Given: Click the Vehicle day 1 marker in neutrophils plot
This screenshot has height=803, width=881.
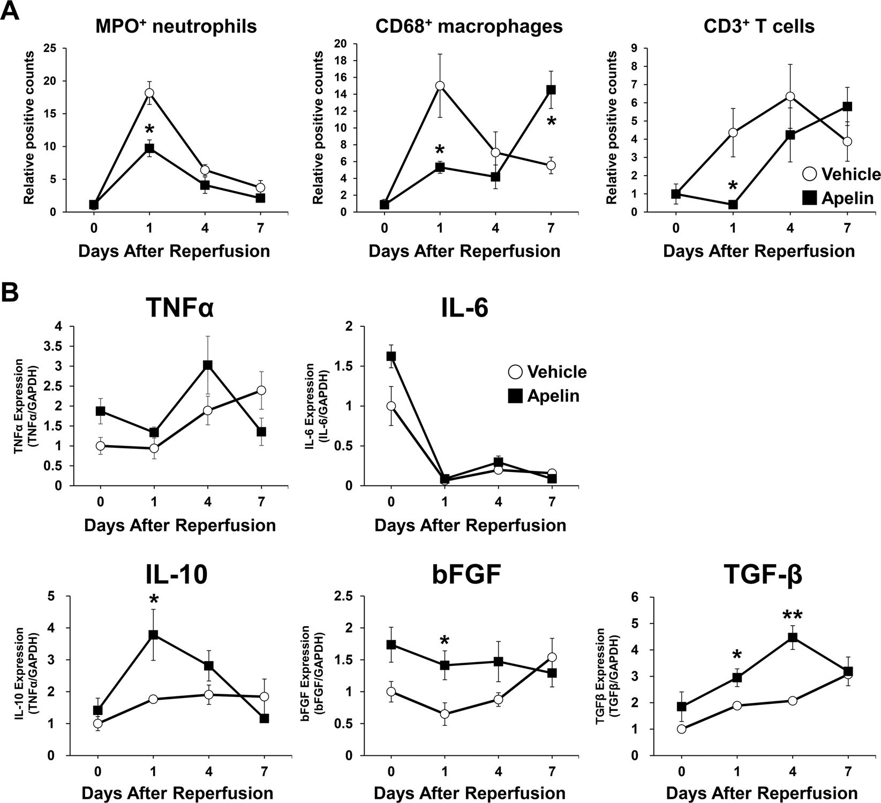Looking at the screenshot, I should pos(149,93).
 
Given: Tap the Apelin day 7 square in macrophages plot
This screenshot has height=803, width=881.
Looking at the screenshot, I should pos(551,90).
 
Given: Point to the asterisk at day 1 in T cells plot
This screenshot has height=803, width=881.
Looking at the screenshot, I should pos(733,187).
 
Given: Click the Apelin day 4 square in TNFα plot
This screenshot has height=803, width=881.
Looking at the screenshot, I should pos(208,365).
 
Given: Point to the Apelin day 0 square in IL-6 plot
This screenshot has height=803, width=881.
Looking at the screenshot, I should pos(391,356).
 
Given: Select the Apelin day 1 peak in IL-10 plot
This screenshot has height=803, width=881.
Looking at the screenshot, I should pos(154,635).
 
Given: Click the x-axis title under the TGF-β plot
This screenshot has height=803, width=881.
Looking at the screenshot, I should pos(762,793).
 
